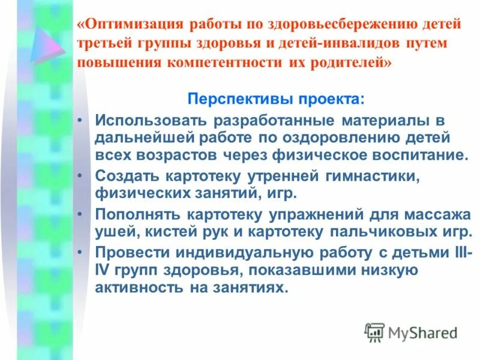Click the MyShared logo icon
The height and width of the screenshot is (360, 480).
point(374,332)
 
